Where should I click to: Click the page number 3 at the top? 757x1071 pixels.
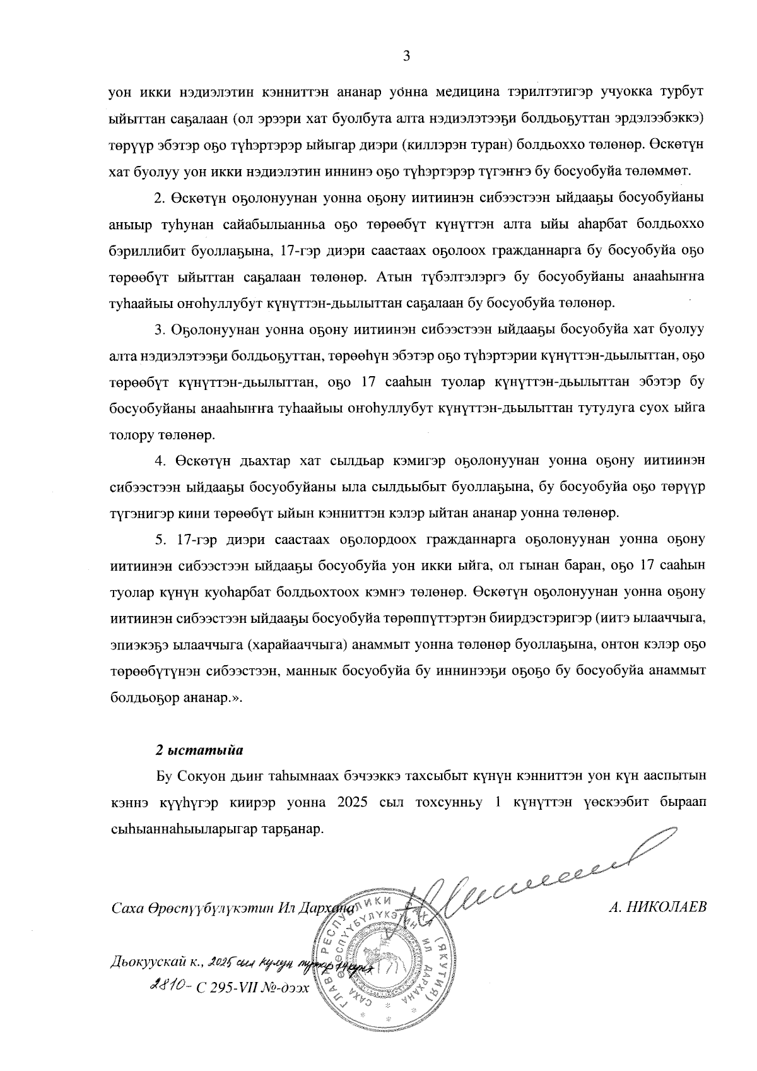(x=406, y=56)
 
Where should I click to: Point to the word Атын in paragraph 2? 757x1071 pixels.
(x=392, y=276)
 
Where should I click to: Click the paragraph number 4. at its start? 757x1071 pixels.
(x=160, y=461)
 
